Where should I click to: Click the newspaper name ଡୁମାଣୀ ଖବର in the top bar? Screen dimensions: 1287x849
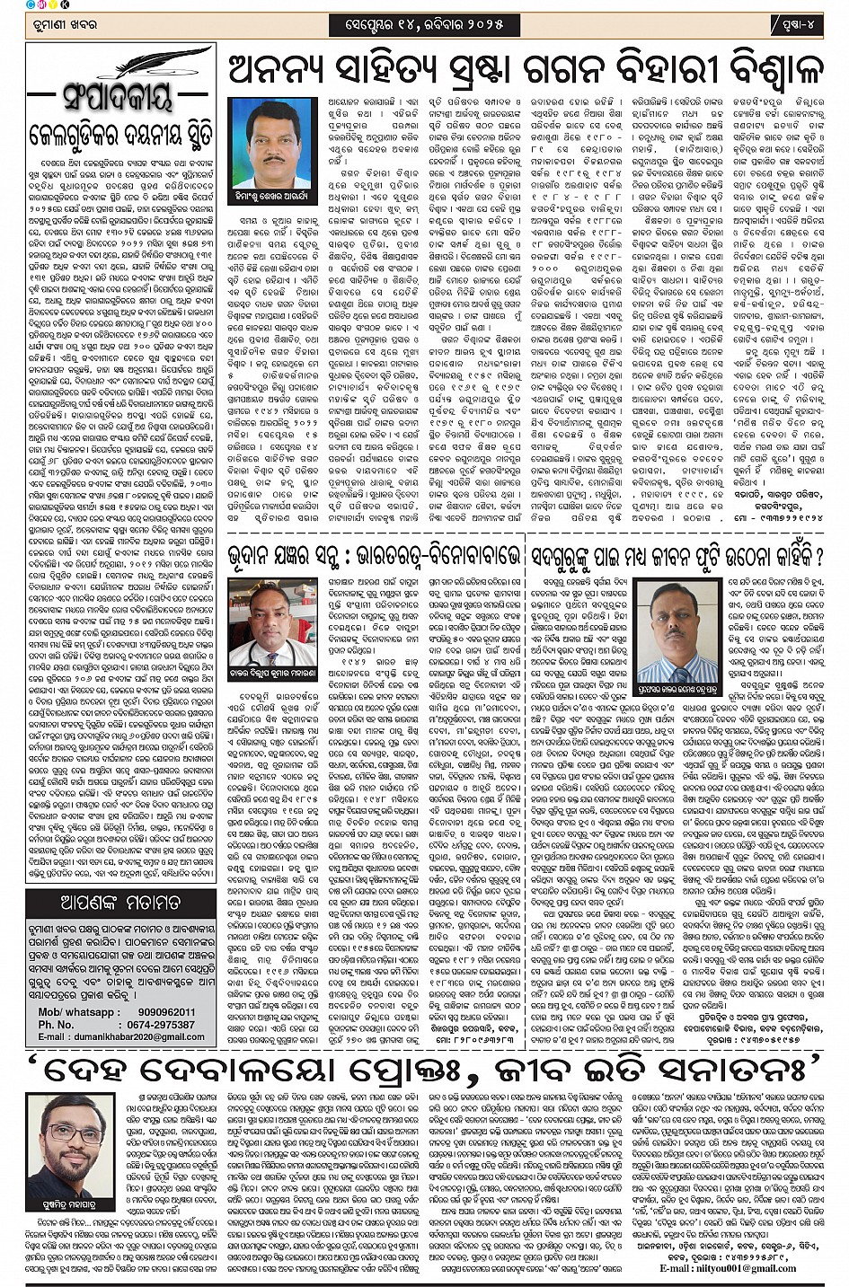pos(57,26)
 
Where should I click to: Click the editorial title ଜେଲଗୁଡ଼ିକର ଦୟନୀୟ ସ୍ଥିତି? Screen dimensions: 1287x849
pos(119,136)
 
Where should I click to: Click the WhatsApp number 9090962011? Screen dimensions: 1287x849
pos(157,1012)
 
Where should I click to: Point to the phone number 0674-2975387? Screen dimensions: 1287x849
pos(157,1024)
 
